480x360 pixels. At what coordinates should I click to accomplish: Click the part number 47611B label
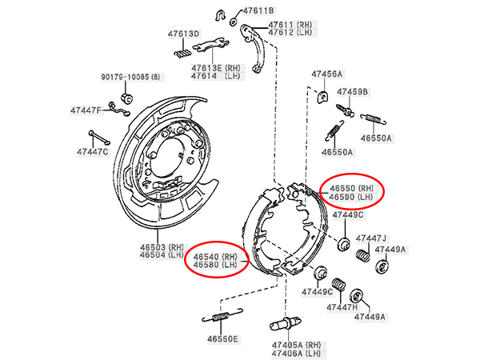(x=258, y=11)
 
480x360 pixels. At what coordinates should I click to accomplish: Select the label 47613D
(x=183, y=34)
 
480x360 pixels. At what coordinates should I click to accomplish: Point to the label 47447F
(x=86, y=110)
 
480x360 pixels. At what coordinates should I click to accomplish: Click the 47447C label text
(x=93, y=151)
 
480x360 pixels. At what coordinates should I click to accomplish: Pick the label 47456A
(x=327, y=74)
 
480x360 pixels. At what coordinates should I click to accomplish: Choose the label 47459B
(x=353, y=92)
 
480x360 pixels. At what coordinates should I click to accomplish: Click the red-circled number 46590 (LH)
(x=351, y=197)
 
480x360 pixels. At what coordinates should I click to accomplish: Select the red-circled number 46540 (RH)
(x=215, y=256)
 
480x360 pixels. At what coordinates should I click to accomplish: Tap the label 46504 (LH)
(x=162, y=254)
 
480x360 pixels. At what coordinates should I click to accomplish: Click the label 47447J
(x=370, y=238)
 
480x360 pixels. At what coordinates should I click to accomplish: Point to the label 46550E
(x=222, y=339)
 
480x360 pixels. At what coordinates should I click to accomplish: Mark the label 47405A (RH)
(x=296, y=346)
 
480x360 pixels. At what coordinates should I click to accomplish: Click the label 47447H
(x=342, y=307)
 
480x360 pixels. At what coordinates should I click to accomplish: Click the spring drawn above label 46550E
(x=222, y=316)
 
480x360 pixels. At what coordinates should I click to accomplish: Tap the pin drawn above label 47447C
(x=99, y=138)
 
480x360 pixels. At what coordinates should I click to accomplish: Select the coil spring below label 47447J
(x=363, y=256)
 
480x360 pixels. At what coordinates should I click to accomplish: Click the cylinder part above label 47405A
(x=286, y=323)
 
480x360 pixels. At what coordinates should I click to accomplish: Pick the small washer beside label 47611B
(x=234, y=22)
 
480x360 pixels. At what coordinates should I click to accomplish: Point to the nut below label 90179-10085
(x=127, y=98)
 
